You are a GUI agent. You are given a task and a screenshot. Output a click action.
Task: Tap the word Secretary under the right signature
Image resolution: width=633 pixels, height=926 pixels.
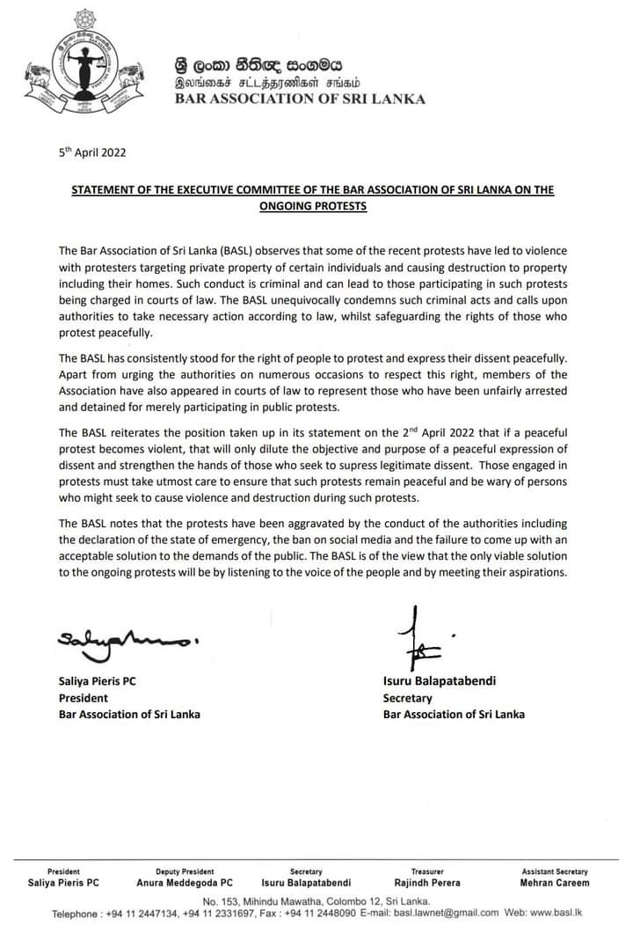(x=408, y=697)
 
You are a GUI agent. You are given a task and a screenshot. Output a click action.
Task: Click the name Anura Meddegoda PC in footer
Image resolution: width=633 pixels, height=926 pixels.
(x=185, y=883)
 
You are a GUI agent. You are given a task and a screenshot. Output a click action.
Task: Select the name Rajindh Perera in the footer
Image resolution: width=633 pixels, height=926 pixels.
(x=427, y=883)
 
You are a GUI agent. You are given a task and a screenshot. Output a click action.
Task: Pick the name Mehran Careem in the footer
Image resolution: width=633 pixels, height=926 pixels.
(x=555, y=883)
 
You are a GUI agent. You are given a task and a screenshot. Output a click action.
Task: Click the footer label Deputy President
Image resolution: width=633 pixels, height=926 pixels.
(x=185, y=871)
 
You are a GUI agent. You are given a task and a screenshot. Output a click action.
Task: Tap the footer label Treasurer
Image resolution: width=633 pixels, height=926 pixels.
(x=427, y=871)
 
